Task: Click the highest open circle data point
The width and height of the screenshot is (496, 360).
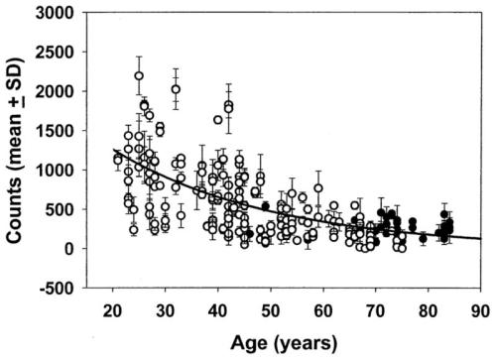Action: click(139, 75)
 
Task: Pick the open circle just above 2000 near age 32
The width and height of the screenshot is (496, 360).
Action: click(176, 89)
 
